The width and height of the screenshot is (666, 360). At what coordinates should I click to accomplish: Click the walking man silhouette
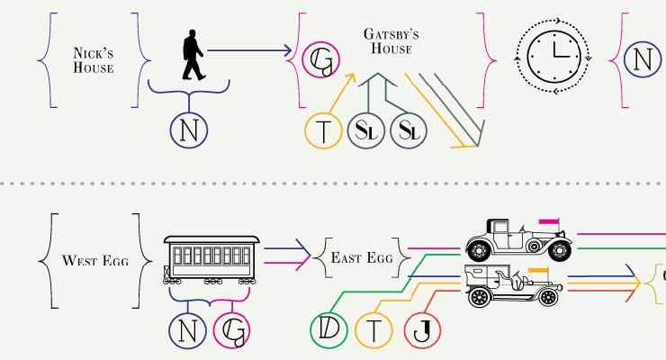coord(193,57)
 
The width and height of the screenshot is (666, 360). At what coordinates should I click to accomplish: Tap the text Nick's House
coord(94,59)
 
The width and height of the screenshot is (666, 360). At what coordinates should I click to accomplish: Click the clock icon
coord(553,56)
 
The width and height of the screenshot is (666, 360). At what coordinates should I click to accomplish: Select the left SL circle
coord(366,131)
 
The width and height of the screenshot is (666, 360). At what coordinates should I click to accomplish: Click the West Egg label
coord(94,261)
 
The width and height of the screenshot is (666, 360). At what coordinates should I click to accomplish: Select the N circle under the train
coord(187,331)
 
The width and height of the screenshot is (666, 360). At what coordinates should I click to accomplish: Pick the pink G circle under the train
coord(232,331)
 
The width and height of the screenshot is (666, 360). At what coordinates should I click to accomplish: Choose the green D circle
coord(328,330)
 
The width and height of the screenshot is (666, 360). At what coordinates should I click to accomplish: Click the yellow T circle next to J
coord(374,330)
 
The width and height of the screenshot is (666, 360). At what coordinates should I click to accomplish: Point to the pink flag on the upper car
coord(548,220)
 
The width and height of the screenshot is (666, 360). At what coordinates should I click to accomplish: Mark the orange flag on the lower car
coord(537,270)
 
